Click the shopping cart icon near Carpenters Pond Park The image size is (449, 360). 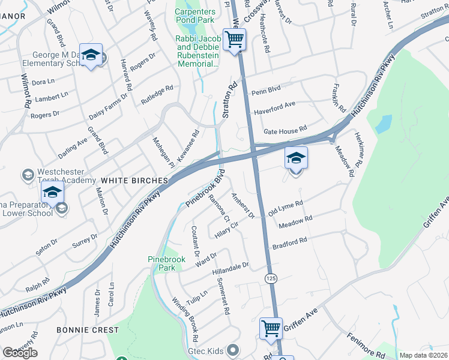click(x=235, y=40)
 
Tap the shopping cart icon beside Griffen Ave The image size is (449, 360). click(x=271, y=329)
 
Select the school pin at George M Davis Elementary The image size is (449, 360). click(x=91, y=55)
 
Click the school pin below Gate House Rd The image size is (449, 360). click(x=296, y=158)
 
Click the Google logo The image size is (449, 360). click(x=19, y=353)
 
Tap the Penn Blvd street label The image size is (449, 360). click(x=266, y=92)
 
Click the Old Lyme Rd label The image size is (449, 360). click(x=285, y=208)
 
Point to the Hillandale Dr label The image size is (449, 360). click(x=230, y=268)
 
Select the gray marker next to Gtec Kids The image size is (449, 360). click(x=234, y=350)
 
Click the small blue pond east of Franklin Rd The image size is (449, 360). click(x=382, y=124)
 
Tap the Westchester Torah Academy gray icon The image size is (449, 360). click(x=28, y=175)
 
